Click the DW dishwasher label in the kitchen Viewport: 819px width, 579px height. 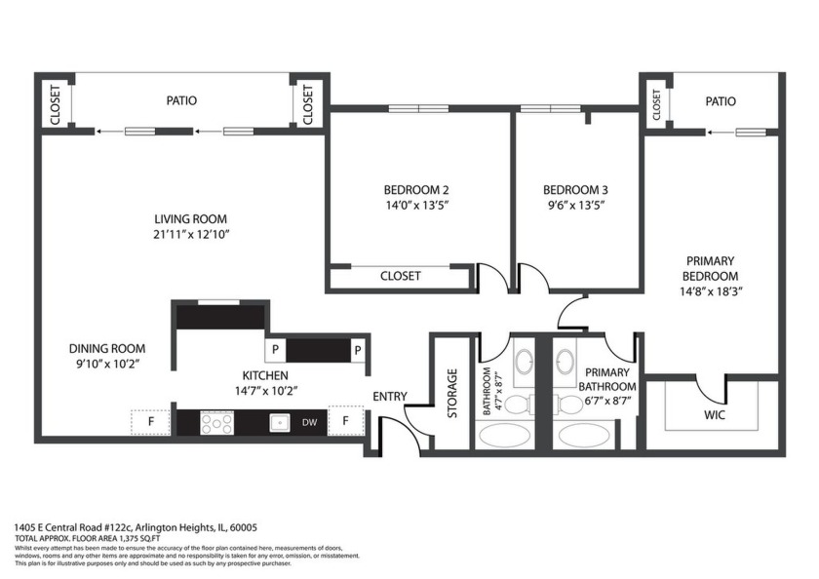click(x=309, y=422)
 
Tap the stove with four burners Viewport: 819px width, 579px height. click(x=216, y=422)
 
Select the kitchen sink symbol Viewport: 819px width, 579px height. click(x=279, y=422)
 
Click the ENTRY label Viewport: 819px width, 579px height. click(x=390, y=397)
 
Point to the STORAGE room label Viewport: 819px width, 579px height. click(x=452, y=393)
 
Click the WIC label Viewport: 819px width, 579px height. click(x=715, y=414)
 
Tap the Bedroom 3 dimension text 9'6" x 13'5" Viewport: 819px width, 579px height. click(x=575, y=205)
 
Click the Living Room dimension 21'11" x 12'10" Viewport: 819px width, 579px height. click(x=190, y=234)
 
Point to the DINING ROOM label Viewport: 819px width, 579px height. click(x=106, y=348)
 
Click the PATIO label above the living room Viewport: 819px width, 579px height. click(x=181, y=100)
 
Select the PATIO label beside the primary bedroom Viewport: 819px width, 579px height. click(x=721, y=101)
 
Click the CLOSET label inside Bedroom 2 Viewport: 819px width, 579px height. click(x=400, y=276)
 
